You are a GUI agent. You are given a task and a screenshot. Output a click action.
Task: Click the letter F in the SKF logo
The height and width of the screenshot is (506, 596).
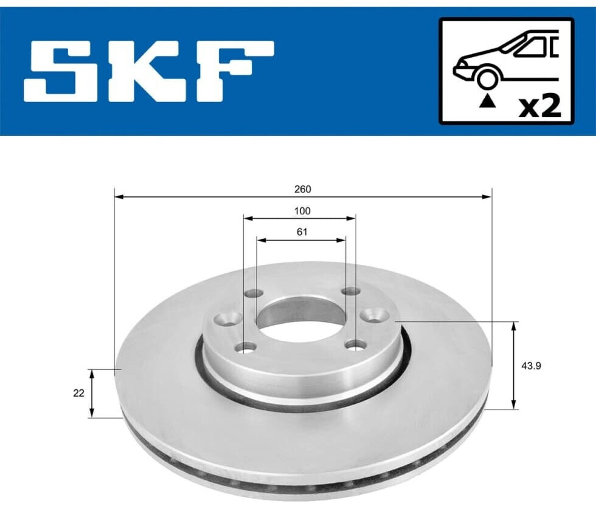[232, 71]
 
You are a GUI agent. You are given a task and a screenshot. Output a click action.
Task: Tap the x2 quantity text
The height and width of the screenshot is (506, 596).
[540, 106]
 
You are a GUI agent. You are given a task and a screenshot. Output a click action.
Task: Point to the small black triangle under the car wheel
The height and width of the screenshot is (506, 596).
[487, 101]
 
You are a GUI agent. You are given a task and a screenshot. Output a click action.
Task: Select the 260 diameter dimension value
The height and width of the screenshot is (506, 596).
[303, 189]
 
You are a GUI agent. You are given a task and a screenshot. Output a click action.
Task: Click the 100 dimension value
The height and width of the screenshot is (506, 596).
[302, 211]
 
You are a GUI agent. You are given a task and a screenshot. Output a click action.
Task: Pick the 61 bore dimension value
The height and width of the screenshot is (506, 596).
[302, 231]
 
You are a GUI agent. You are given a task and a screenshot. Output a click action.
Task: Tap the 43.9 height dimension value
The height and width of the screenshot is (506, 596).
[531, 366]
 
